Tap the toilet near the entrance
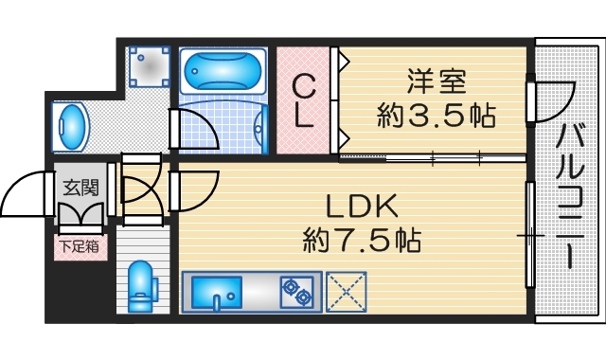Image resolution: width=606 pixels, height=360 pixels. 140,284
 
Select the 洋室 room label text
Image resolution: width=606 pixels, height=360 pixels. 437,81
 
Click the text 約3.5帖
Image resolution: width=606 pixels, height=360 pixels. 437,116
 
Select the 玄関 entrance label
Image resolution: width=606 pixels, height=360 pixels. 81,188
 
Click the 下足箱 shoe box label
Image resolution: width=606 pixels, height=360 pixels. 81,247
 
